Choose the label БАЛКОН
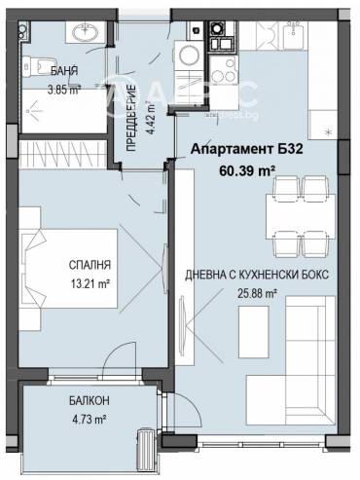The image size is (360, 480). [82, 399]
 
